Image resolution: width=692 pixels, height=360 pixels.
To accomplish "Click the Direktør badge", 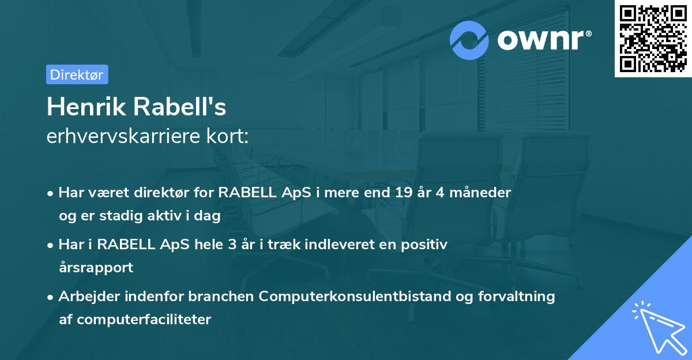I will (77, 74).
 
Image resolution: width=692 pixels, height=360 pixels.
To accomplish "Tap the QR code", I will (653, 38).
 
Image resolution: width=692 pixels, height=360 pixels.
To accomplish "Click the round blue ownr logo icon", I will (469, 40).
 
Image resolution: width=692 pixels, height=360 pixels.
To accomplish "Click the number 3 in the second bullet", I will (232, 245).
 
